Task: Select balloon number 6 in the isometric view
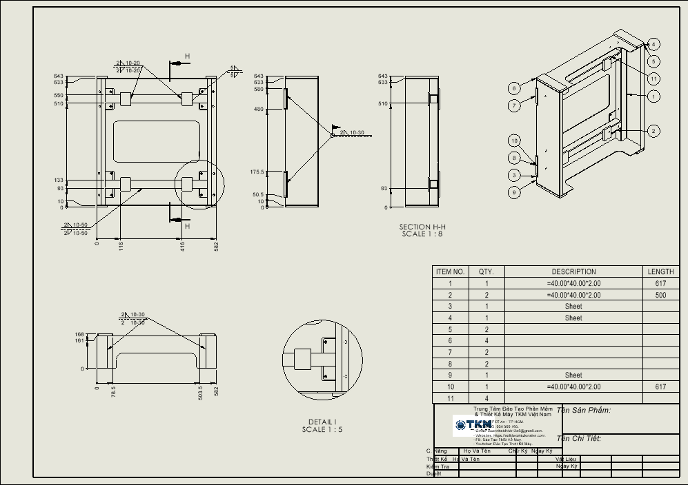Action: (513, 88)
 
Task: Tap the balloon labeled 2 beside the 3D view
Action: (653, 131)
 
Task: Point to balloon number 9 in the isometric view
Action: (513, 193)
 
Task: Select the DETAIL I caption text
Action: (322, 425)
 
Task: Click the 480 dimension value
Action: (259, 110)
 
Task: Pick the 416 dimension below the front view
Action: (183, 245)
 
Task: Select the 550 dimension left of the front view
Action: (59, 96)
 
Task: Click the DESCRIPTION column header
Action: (573, 271)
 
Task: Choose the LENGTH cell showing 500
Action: (660, 295)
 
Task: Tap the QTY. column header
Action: (486, 271)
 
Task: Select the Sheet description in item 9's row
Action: (573, 375)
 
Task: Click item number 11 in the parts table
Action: (450, 399)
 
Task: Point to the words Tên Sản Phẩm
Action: (584, 411)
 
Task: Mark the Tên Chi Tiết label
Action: (579, 438)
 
